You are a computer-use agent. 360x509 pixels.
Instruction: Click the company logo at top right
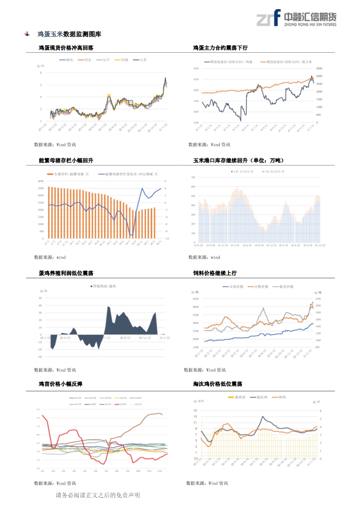click(296, 18)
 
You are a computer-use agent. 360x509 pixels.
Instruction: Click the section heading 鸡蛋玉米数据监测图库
click(69, 34)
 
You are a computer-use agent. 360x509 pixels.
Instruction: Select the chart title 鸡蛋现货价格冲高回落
click(66, 48)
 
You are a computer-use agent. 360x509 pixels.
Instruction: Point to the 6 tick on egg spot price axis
click(41, 73)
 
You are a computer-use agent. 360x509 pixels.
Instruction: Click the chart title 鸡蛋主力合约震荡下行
click(220, 48)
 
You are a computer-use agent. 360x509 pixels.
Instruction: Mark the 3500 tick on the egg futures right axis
click(319, 69)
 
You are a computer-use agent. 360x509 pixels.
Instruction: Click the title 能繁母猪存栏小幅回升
click(66, 161)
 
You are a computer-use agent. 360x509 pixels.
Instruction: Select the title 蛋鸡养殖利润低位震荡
click(66, 273)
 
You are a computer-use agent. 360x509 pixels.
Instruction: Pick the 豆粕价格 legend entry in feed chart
click(258, 287)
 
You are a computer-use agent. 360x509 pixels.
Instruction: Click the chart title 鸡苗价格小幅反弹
click(61, 384)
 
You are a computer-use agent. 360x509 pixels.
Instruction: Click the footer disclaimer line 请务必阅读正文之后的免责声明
click(98, 495)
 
